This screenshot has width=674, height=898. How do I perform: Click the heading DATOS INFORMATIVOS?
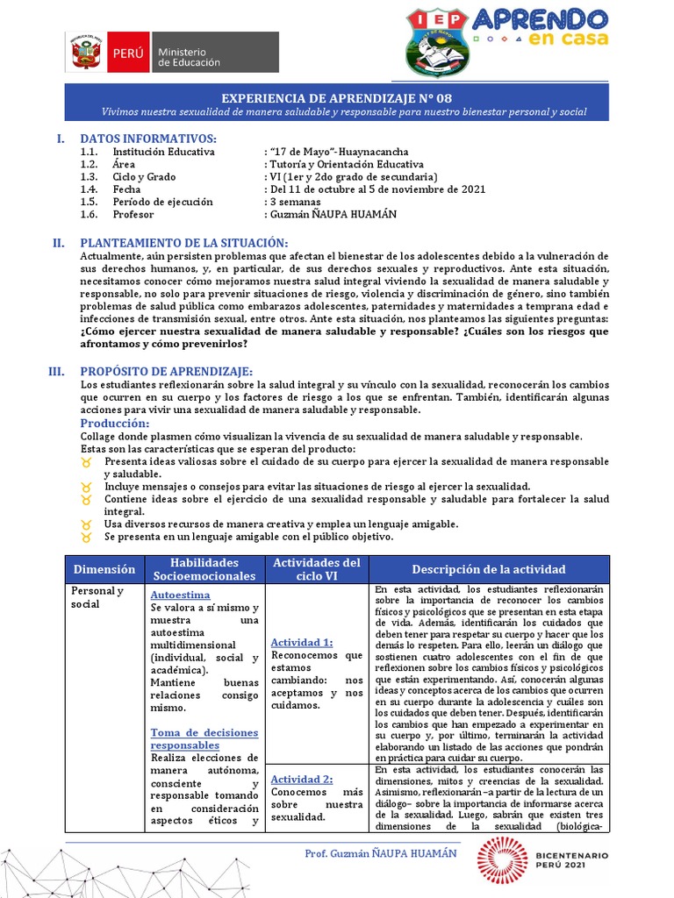(x=147, y=139)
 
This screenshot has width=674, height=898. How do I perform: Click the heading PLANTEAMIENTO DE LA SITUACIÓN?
(x=183, y=243)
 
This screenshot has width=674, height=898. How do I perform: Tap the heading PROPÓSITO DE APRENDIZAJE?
(x=166, y=372)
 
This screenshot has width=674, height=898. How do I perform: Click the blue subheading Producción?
(x=114, y=424)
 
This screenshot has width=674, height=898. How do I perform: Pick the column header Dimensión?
(x=104, y=569)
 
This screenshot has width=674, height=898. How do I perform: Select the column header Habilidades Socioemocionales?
(x=204, y=569)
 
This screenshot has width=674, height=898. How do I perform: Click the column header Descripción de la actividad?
(x=489, y=569)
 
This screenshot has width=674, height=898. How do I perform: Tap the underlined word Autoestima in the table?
(x=180, y=595)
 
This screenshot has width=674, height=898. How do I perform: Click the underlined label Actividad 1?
(x=302, y=642)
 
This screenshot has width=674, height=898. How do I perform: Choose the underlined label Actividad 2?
(x=302, y=779)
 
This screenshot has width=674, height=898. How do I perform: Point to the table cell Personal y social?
(x=97, y=597)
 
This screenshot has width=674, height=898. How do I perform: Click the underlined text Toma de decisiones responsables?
(x=204, y=738)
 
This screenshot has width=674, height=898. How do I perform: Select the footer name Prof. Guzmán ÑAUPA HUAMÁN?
(x=381, y=853)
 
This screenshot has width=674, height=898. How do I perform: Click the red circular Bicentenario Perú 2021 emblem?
(x=501, y=862)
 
